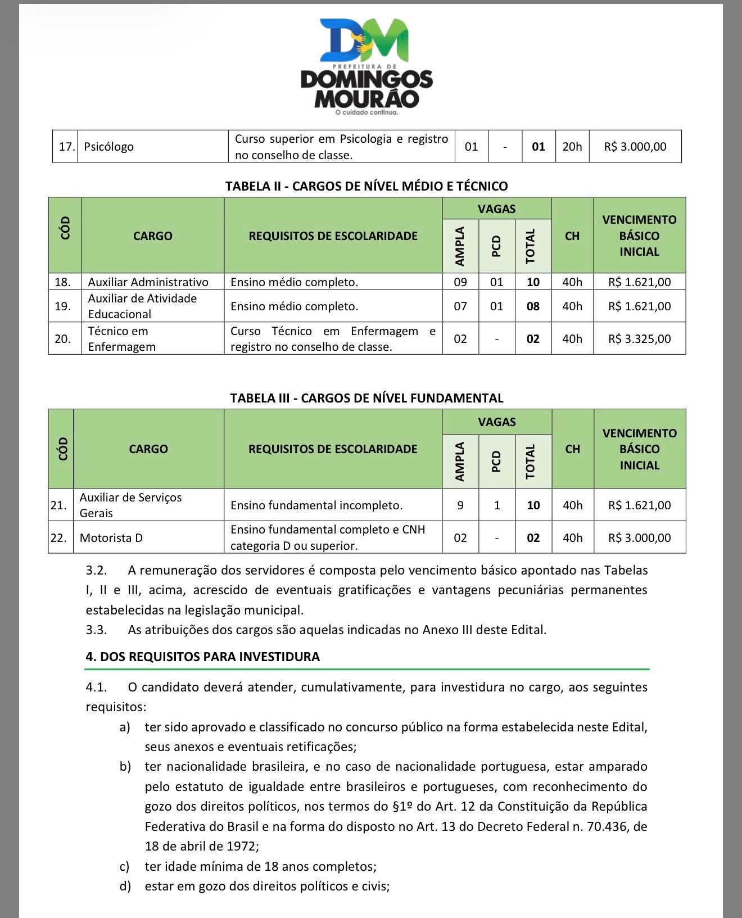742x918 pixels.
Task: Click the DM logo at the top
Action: tap(364, 40)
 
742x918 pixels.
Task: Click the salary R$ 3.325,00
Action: tap(639, 339)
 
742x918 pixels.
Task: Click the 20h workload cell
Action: tap(572, 147)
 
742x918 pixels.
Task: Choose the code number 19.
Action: tap(63, 306)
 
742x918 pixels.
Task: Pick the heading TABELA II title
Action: tap(367, 186)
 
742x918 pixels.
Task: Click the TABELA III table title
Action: tap(367, 398)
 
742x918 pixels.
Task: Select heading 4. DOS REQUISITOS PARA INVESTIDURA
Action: tap(202, 657)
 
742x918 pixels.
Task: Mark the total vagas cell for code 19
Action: tap(533, 306)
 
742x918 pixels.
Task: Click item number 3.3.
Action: tap(96, 630)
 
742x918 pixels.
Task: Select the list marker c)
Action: tap(125, 866)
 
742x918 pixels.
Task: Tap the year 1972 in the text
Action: tap(241, 846)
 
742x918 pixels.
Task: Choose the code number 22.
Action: tap(58, 538)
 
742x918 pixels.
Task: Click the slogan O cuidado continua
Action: tap(367, 112)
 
